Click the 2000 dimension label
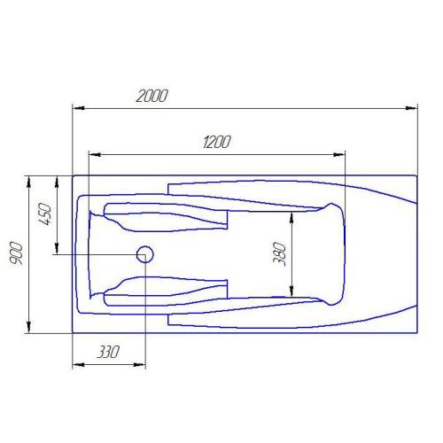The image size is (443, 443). pos(152,96)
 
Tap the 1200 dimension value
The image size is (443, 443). pos(217,142)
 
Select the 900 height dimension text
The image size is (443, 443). pos(16,253)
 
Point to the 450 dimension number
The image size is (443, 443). pos(45,214)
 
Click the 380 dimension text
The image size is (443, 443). pos(280,254)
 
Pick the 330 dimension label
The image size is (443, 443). pos(108,352)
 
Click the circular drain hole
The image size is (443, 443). pos(145,254)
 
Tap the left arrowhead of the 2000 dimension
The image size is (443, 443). pos(79,108)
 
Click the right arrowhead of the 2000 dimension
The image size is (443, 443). pos(411,108)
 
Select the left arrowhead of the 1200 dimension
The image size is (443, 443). pos(95,154)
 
